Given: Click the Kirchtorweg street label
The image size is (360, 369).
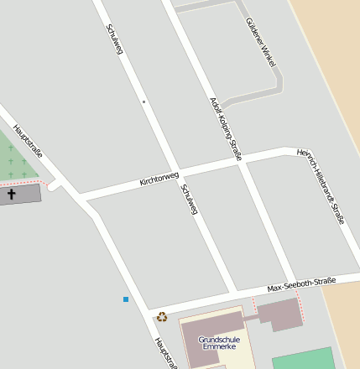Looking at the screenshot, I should pos(159,178).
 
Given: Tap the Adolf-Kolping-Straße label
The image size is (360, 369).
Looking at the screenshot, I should pos(226,128).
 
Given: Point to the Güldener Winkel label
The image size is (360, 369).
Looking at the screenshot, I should pos(261,43).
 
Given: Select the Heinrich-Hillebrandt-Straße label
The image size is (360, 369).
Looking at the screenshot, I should pos(321,186).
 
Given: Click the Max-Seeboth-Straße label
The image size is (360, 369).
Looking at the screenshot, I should pos(301,284).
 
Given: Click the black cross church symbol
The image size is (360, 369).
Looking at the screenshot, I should pos(12,195).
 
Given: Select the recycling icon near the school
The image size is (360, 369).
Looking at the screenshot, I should pos(162,316).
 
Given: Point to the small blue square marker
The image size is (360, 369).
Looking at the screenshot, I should pos(126,299).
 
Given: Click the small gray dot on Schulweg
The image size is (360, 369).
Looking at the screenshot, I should pos(143,101).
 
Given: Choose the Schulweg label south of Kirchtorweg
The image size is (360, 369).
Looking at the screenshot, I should pos(189,200).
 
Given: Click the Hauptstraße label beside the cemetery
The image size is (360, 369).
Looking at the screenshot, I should pos(29,143).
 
